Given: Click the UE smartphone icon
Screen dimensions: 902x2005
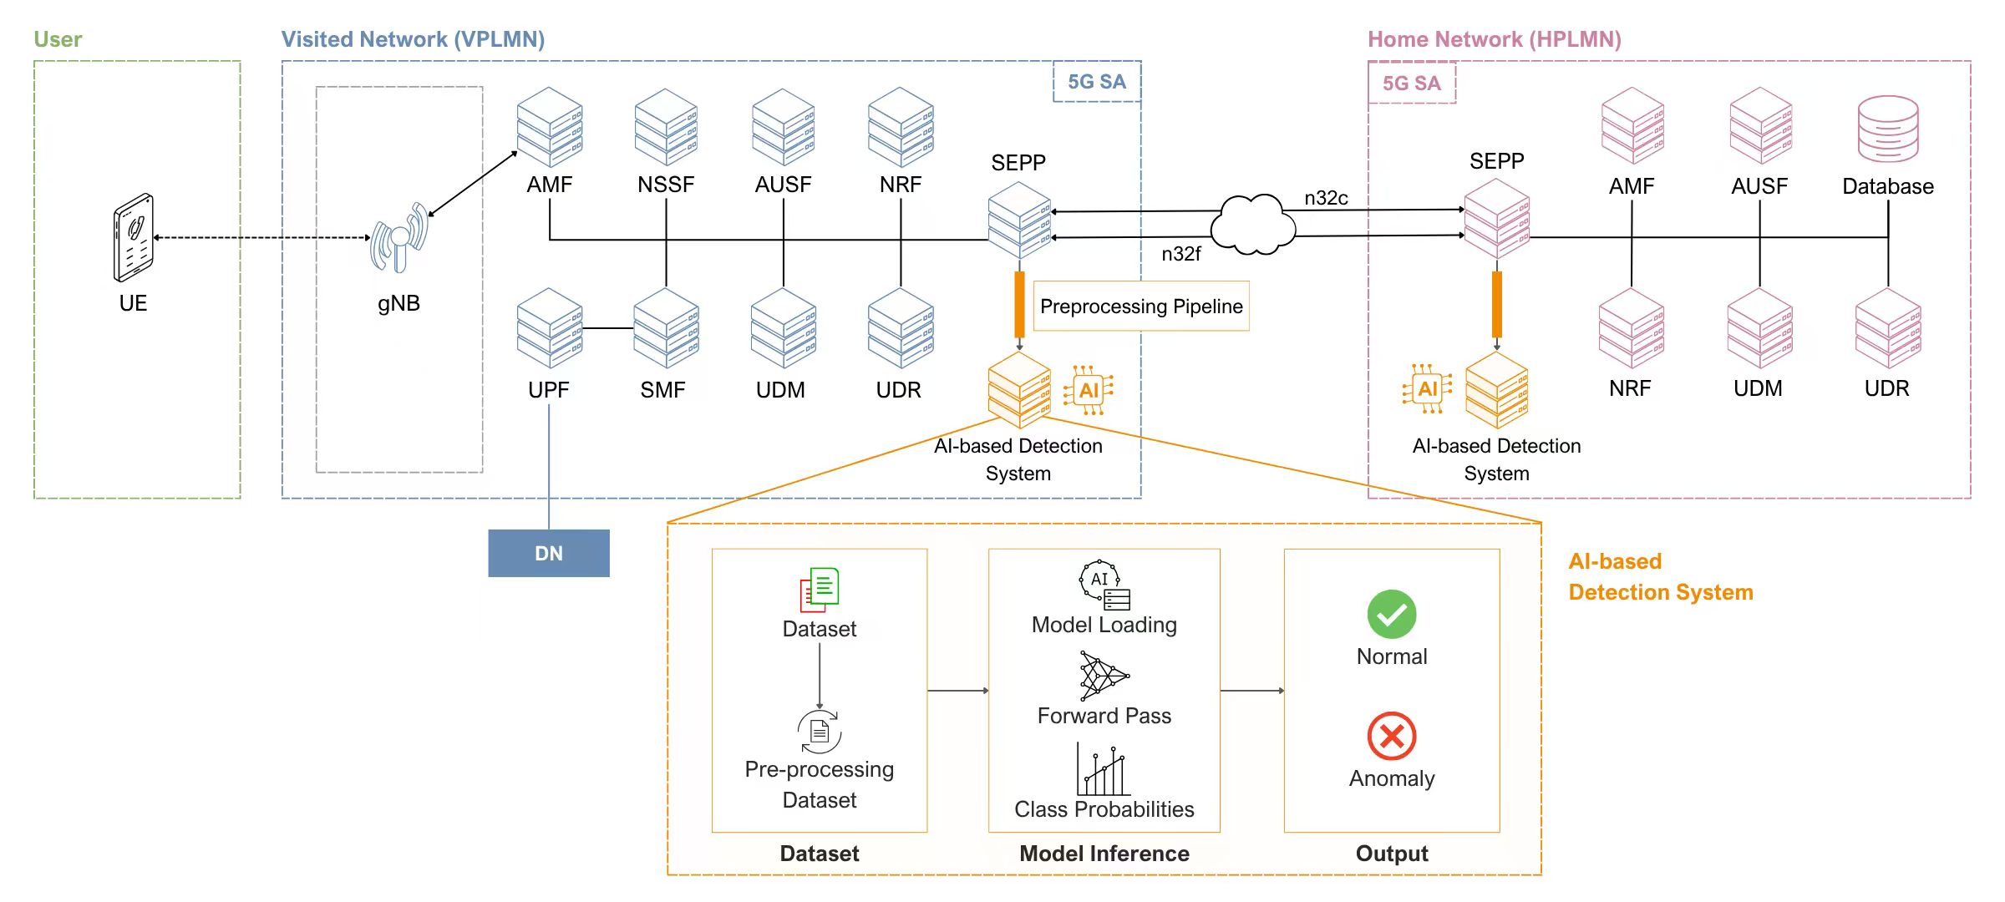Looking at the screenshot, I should point(134,238).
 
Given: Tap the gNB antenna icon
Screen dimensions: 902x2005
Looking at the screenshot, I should point(399,239).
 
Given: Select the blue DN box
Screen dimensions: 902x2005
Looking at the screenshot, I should point(549,553).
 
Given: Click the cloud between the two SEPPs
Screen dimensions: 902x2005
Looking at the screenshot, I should point(1252,225).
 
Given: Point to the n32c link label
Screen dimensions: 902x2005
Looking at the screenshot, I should point(1326,198).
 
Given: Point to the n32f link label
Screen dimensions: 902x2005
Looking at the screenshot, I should point(1180,254).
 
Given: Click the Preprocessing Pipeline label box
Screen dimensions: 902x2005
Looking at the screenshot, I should point(1141,307).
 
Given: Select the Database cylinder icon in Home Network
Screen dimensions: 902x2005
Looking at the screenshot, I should point(1888,129).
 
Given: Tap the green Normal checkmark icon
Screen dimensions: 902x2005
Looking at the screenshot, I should point(1392,615).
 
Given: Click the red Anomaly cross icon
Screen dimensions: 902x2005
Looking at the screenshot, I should point(1392,736).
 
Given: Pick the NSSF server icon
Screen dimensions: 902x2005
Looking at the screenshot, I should point(666,127).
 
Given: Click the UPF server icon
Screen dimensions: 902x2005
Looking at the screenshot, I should point(549,328).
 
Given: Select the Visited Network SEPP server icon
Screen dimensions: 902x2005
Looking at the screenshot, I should point(1019,220).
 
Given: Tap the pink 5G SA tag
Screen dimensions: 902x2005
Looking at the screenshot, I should point(1411,84).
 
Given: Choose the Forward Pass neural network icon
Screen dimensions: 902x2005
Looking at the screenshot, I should point(1103,676).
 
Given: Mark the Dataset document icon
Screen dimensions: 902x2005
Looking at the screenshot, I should point(820,590).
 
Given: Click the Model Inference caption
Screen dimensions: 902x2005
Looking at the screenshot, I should point(1104,854).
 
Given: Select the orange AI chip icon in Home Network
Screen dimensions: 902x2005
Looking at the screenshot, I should point(1427,389).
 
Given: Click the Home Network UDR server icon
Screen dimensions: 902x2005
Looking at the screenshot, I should point(1887,328).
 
